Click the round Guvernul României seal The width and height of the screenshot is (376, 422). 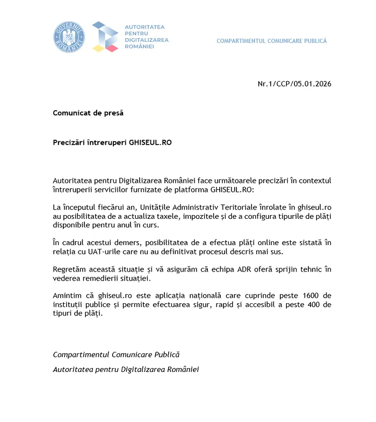69,37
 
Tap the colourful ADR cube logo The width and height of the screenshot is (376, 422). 105,37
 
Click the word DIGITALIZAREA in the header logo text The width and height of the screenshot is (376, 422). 147,40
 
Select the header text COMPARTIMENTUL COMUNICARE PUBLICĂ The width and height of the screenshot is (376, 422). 271,41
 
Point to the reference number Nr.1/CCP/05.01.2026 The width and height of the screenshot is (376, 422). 294,84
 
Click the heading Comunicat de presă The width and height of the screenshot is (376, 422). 88,113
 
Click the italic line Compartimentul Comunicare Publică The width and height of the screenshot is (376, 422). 116,354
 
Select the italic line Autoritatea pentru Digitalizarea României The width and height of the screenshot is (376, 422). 126,370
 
